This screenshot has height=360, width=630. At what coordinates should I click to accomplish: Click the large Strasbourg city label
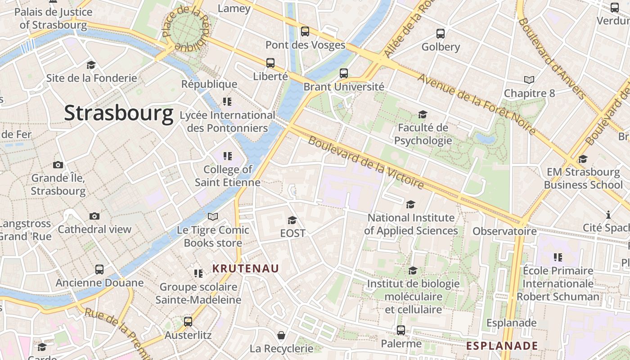coord(118,113)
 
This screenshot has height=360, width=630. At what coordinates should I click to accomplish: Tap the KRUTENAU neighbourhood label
coord(246,269)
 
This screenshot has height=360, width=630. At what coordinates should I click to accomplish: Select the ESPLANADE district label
coord(502,346)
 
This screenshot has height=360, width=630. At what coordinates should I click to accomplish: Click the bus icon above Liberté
coord(270,63)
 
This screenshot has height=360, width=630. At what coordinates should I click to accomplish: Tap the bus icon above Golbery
coord(440,34)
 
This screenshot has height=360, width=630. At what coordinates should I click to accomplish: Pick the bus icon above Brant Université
coord(344,73)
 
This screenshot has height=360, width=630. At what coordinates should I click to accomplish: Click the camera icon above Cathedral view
coord(94,216)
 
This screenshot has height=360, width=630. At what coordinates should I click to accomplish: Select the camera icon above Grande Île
coord(58,165)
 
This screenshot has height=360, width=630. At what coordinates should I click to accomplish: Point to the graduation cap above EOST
coord(292,220)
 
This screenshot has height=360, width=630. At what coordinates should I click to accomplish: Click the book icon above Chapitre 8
coord(529,80)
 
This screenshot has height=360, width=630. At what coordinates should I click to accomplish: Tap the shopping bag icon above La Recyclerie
coord(281,335)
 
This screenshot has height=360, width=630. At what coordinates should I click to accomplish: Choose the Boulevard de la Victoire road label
coord(366,162)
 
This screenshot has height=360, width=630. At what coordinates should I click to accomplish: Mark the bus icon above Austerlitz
coord(188,322)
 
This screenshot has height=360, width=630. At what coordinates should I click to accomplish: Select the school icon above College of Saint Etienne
coord(228,156)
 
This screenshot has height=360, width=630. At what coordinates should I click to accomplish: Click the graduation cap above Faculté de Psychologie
coord(422,114)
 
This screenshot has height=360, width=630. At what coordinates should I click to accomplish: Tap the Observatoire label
coord(504,231)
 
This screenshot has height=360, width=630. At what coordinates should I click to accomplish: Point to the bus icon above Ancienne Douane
coord(99,270)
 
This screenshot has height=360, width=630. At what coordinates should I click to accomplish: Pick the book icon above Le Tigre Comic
coord(213,216)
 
